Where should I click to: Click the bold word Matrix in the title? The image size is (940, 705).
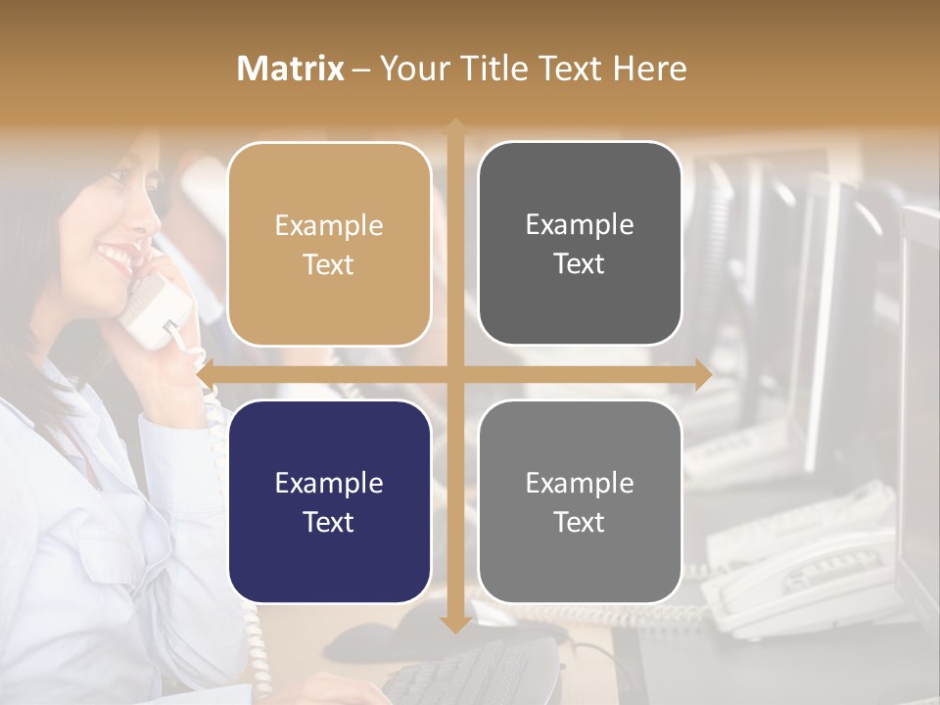291,69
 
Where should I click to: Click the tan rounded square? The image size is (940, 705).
329,244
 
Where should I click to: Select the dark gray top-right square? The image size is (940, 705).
580,243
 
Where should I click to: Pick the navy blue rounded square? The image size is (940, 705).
329,501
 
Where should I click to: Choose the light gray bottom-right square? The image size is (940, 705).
580,501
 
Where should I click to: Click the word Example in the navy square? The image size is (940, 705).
329,483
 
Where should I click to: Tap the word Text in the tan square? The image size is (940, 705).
329,264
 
